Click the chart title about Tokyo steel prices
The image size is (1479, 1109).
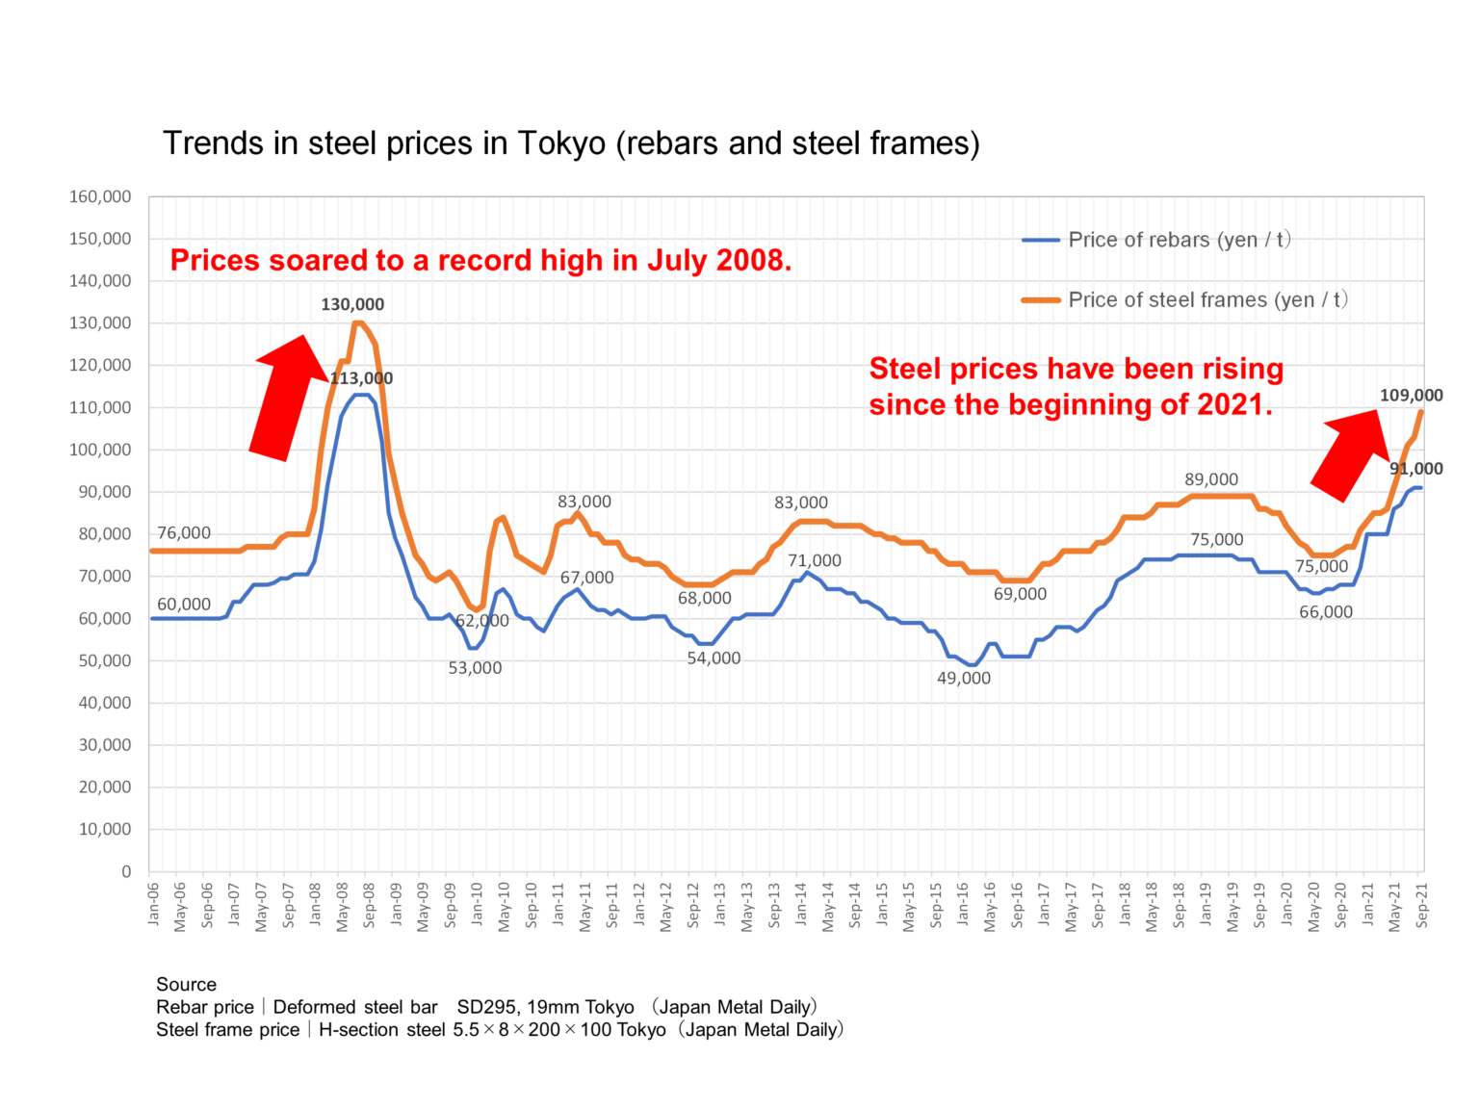[x=571, y=143]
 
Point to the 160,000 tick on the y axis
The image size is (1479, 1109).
[x=100, y=196]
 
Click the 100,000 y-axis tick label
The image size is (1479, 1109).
[x=100, y=450]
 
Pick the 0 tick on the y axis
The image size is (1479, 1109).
[x=126, y=871]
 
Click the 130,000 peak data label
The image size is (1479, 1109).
[x=352, y=304]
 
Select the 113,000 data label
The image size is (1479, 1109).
[x=362, y=378]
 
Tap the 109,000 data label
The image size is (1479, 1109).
[x=1411, y=395]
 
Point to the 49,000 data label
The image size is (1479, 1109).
[x=964, y=678]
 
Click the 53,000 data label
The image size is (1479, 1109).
[x=475, y=668]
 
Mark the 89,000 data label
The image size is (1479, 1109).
[x=1211, y=479]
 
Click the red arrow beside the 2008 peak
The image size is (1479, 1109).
[x=286, y=395]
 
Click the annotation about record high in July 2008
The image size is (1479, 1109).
[x=480, y=260]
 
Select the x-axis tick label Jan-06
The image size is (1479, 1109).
[x=153, y=904]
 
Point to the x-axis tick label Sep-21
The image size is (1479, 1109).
[x=1422, y=904]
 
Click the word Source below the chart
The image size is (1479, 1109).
[x=186, y=984]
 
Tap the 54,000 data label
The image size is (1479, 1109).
[x=714, y=658]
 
